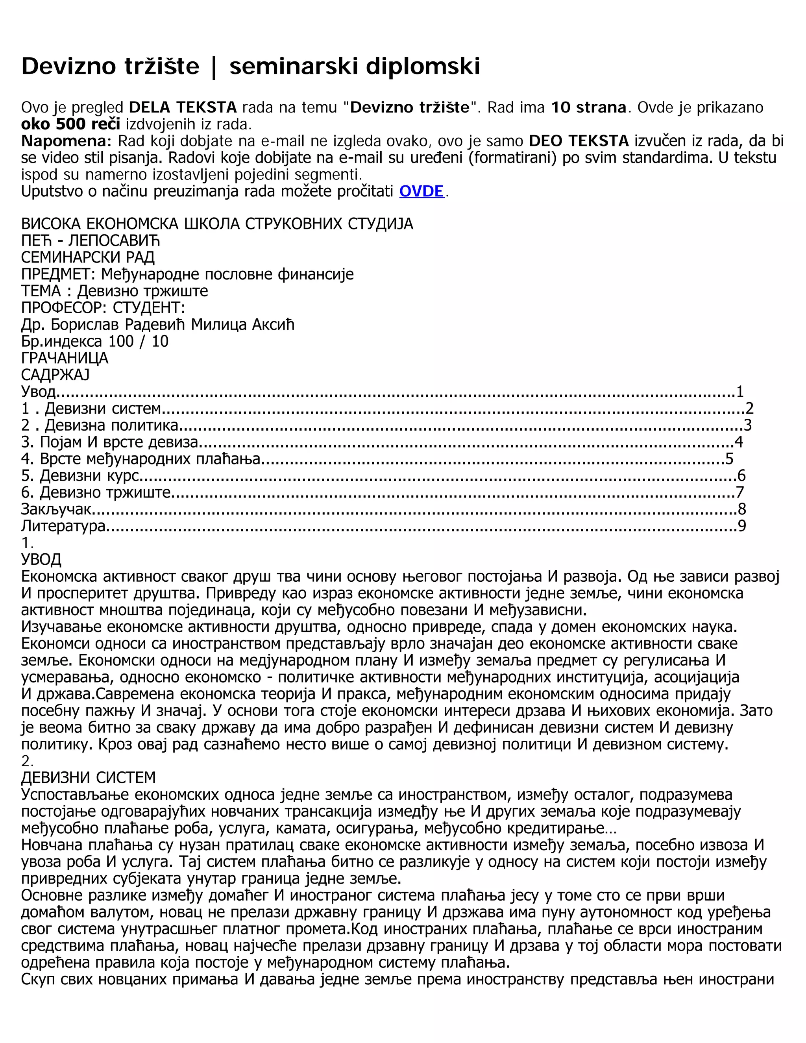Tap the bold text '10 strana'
pos(588,107)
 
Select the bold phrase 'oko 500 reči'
pos(71,124)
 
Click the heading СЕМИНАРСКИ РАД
pos(88,257)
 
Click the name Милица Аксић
pos(242,325)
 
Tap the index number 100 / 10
pos(139,342)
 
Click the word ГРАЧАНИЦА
pos(65,358)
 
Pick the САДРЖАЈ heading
pos(55,375)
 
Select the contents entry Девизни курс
pos(89,476)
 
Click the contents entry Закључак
pos(56,509)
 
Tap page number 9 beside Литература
pos(741,526)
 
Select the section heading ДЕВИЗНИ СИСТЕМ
pos(88,778)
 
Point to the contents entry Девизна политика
pos(111,425)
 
